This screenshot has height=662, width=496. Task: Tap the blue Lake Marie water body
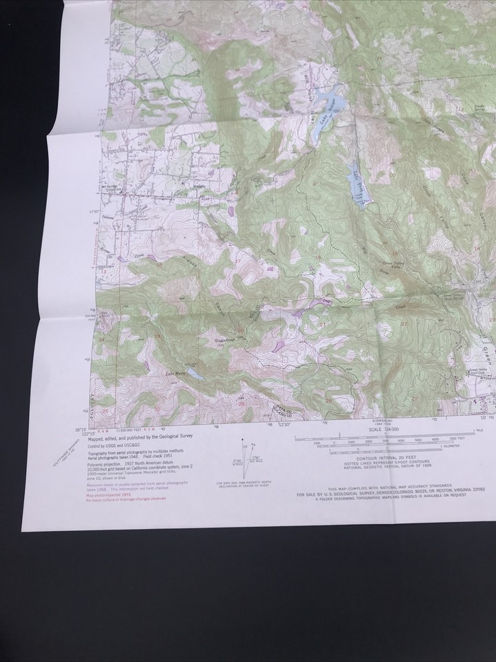click(x=195, y=376)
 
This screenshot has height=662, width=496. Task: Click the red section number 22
click(x=404, y=322)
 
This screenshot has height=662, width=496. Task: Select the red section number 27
click(x=414, y=399)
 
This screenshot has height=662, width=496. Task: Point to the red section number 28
click(x=328, y=400)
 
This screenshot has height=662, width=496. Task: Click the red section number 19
click(x=157, y=337)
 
